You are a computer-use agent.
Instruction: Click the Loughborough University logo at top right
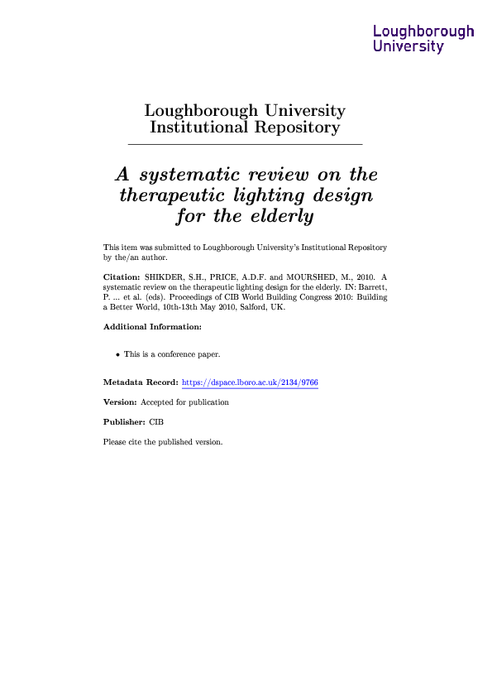(x=423, y=39)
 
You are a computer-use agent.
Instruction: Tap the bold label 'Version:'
(x=120, y=402)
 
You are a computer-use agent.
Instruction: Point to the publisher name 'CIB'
(x=157, y=422)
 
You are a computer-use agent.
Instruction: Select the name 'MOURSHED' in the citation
(x=311, y=273)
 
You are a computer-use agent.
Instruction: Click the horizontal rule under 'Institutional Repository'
(x=245, y=145)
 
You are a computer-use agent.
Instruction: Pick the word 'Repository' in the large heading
(x=299, y=127)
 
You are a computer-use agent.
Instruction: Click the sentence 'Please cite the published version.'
(x=163, y=442)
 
